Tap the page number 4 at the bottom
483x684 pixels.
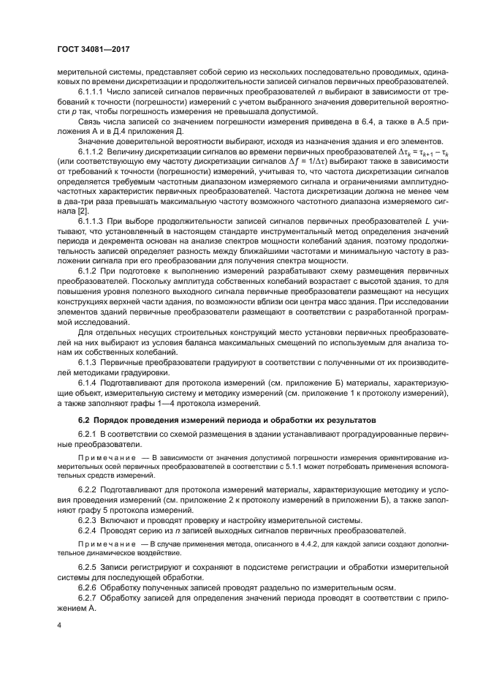tap(60, 625)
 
